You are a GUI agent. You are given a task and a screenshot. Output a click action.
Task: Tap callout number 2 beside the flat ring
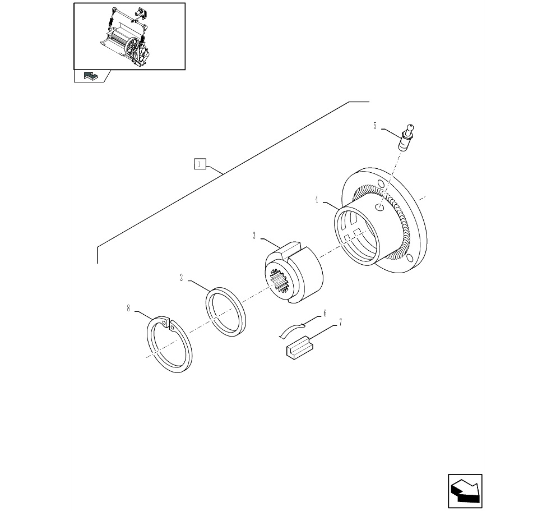(x=182, y=278)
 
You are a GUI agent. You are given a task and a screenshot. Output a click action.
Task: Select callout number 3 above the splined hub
(x=254, y=236)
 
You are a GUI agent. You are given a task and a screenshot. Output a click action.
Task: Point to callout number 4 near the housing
(x=317, y=200)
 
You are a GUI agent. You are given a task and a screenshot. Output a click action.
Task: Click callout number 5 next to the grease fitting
(x=375, y=126)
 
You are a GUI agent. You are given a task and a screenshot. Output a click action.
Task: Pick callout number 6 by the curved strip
(x=324, y=314)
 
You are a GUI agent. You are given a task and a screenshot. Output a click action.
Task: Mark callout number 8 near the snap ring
(x=128, y=307)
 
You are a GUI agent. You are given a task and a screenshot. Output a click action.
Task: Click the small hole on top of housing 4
(x=380, y=208)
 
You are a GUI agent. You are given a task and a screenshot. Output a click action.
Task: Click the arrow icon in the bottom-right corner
(x=465, y=491)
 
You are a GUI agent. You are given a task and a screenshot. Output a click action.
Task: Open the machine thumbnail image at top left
(x=130, y=36)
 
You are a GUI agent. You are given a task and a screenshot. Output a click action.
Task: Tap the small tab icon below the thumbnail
(x=90, y=76)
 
